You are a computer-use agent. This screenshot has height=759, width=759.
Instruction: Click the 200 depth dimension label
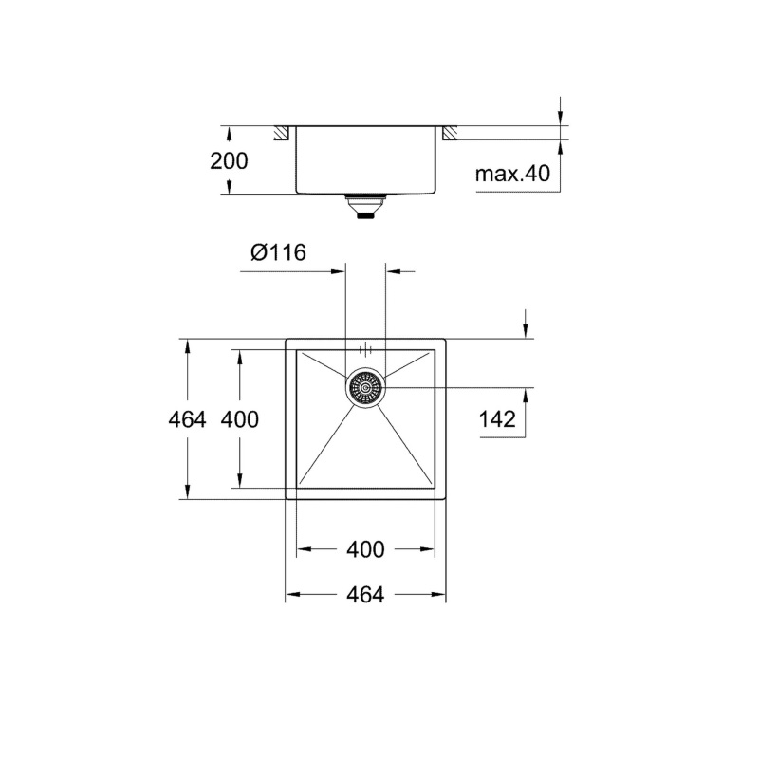(x=229, y=160)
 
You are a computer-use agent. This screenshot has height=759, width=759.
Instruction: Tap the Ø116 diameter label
(x=277, y=252)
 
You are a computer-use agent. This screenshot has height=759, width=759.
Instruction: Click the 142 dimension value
(x=497, y=419)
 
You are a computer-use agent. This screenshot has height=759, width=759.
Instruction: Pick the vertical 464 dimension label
(x=186, y=418)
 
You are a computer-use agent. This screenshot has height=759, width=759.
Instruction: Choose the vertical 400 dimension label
(x=239, y=418)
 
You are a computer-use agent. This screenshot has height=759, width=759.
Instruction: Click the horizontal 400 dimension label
(x=365, y=549)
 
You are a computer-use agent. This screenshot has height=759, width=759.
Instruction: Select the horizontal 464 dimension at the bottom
(x=365, y=596)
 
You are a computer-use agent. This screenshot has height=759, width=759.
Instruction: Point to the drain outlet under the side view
(x=365, y=206)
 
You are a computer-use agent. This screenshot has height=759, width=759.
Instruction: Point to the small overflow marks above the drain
(x=365, y=348)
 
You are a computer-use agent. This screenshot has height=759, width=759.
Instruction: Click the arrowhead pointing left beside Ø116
(x=392, y=272)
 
